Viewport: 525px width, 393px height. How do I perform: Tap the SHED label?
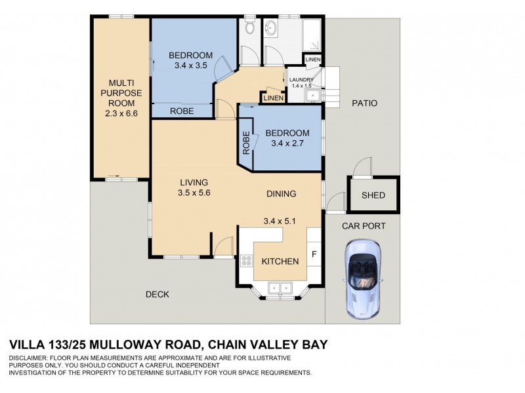click(x=372, y=195)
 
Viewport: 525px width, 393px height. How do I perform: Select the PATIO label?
click(x=364, y=103)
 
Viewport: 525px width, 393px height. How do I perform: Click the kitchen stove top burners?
click(x=247, y=261)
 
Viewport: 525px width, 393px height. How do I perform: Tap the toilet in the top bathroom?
click(x=249, y=28)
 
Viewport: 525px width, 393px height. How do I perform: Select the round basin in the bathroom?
click(x=272, y=28)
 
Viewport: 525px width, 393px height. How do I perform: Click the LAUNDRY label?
click(x=302, y=80)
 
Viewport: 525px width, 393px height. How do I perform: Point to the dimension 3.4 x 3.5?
click(x=191, y=65)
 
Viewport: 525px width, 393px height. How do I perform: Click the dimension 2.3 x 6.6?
click(x=121, y=113)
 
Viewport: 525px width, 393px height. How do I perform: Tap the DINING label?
click(x=281, y=194)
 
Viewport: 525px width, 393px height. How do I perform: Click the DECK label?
click(x=157, y=295)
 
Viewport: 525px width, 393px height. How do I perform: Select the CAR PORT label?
click(x=364, y=226)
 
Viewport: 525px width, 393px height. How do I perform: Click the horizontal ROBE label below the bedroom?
click(x=182, y=111)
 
